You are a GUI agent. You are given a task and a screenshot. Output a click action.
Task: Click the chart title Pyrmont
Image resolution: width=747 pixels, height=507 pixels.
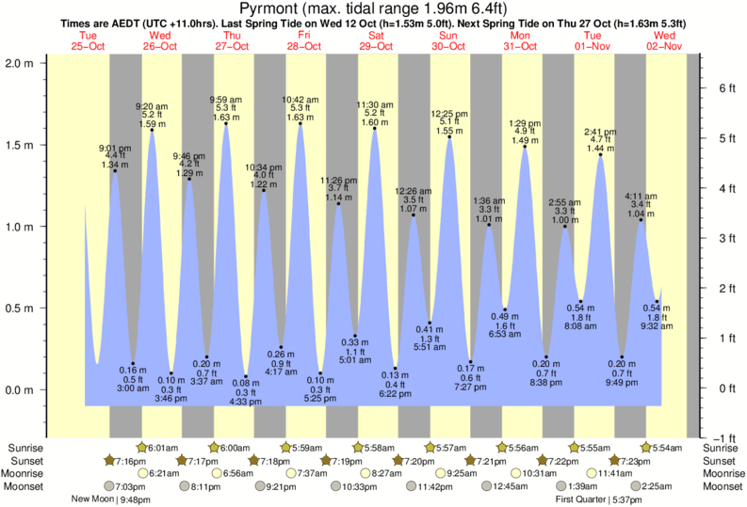(373, 9)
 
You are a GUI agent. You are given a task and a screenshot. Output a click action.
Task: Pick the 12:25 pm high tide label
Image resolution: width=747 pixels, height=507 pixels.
(448, 114)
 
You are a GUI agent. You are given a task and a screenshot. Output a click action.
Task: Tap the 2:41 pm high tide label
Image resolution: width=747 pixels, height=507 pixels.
(600, 131)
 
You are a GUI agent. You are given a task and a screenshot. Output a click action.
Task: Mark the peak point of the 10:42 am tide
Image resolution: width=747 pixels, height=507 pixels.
(300, 124)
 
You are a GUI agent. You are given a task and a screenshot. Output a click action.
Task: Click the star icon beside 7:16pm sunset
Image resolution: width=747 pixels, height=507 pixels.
(109, 461)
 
